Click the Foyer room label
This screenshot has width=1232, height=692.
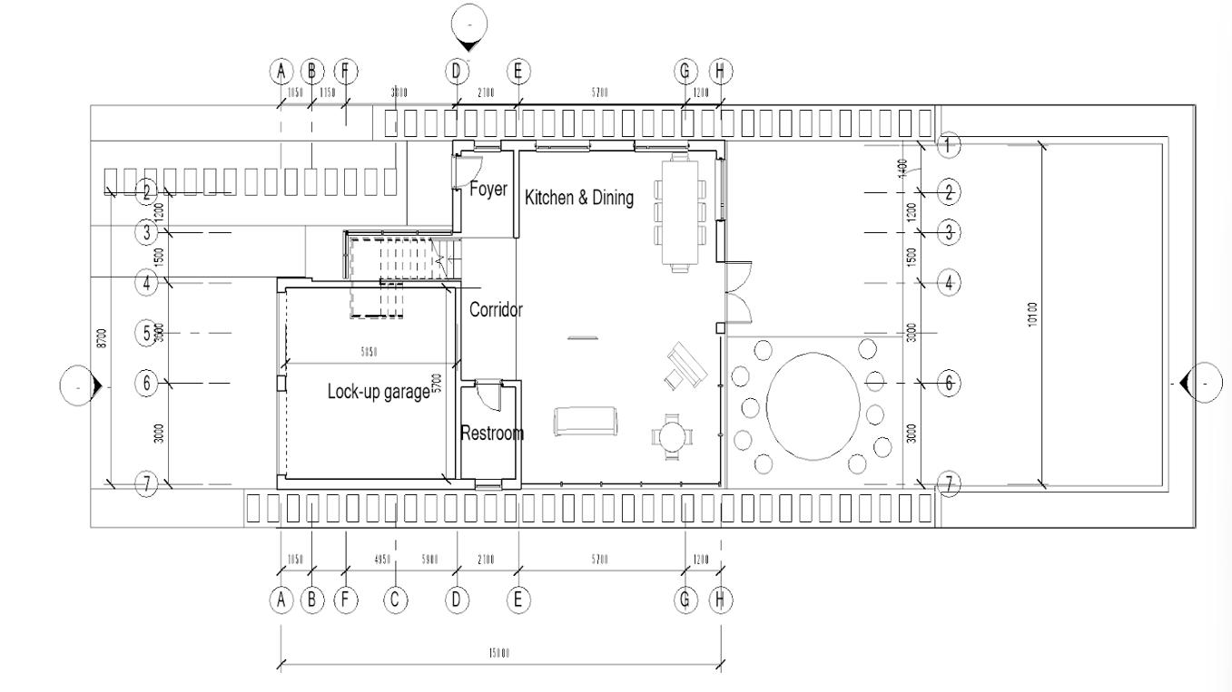pyautogui.click(x=488, y=190)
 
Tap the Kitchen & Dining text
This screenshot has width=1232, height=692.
pyautogui.click(x=579, y=198)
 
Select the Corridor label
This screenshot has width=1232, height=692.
pyautogui.click(x=496, y=309)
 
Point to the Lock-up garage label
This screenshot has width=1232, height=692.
pyautogui.click(x=378, y=392)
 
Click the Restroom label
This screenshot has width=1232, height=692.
pyautogui.click(x=491, y=433)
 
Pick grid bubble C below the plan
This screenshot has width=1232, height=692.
pyautogui.click(x=396, y=599)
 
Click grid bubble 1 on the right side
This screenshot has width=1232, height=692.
pyautogui.click(x=949, y=145)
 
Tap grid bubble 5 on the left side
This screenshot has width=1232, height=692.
pyautogui.click(x=148, y=333)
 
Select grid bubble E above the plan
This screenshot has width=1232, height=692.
pyautogui.click(x=518, y=71)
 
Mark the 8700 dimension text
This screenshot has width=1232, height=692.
pyautogui.click(x=102, y=337)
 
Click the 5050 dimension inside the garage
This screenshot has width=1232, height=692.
pyautogui.click(x=368, y=352)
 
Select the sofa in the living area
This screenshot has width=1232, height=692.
pyautogui.click(x=586, y=421)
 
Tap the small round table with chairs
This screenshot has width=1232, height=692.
pyautogui.click(x=673, y=436)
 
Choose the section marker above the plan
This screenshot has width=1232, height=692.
pyautogui.click(x=468, y=25)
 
